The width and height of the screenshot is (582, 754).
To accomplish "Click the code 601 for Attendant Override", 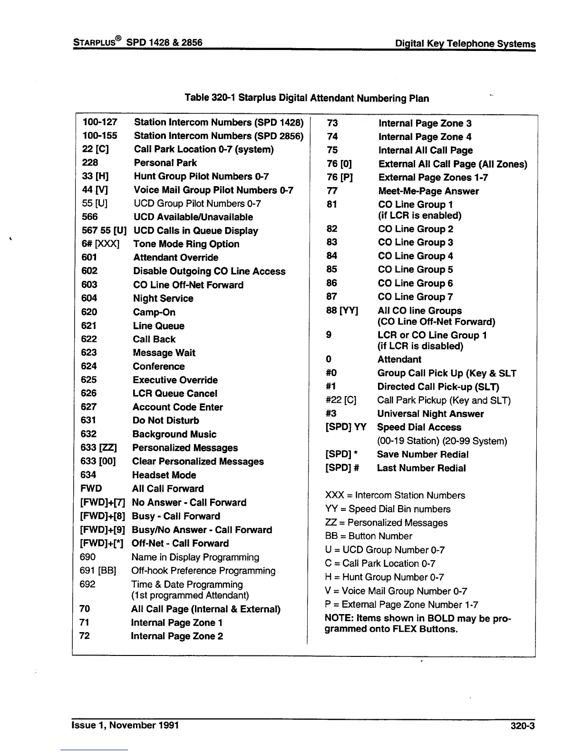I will coord(89,258).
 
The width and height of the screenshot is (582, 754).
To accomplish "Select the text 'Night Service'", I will coord(163,298).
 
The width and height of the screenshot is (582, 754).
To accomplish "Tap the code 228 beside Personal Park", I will coord(90,162).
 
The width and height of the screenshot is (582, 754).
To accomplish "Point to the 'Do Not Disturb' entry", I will coord(165,420).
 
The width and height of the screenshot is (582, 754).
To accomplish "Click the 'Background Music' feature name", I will coord(174,434).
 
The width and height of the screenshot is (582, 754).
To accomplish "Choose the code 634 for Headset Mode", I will coord(88,475).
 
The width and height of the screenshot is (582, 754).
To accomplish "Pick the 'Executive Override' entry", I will coord(175,380).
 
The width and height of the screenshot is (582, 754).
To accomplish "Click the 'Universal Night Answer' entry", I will coord(430,414).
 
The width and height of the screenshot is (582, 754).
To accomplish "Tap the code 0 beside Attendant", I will coord(329,359).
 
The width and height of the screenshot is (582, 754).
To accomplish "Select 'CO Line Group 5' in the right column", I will coord(415,269).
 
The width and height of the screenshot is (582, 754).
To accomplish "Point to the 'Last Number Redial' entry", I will coord(421,468).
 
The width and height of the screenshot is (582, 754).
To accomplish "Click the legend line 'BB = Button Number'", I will coord(369,536).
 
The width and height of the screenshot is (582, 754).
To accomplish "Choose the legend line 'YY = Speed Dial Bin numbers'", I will coord(388,509).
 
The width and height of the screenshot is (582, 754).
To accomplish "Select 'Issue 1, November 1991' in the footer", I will coord(125,725).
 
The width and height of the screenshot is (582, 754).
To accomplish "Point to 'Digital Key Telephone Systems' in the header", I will coord(466,44).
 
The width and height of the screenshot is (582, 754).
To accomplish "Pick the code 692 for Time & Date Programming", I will coord(87,584).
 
